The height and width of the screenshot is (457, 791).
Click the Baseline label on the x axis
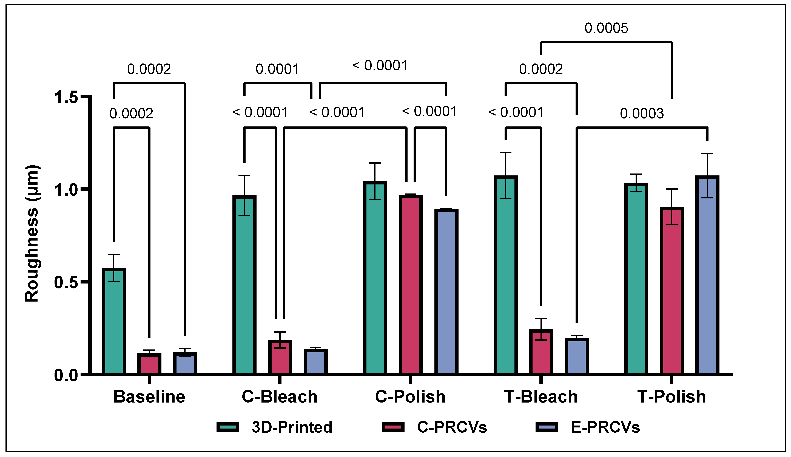coord(149,397)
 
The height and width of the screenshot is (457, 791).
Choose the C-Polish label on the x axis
coord(410,397)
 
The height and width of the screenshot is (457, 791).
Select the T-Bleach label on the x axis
coord(541,397)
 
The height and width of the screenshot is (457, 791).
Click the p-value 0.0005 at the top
coord(606,28)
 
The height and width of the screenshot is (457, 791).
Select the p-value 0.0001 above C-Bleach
coord(277,69)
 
